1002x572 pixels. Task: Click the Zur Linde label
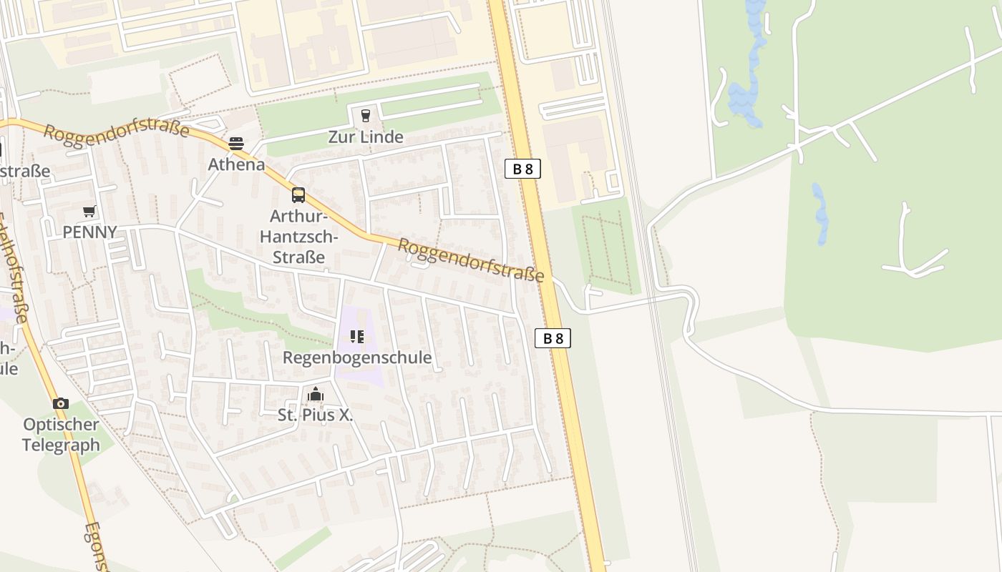tap(366, 137)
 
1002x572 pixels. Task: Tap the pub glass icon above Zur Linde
tap(366, 116)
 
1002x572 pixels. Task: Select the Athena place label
tap(236, 164)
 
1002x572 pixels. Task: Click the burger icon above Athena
tap(236, 144)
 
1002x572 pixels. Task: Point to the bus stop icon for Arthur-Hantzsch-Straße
tap(298, 195)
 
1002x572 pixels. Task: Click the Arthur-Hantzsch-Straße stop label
tap(298, 237)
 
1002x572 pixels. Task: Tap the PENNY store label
tap(89, 232)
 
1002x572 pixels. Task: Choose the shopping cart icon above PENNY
tap(89, 212)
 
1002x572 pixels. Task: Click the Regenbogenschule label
tap(357, 357)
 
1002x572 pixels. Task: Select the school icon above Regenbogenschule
tap(357, 337)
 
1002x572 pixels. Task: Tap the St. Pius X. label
tap(316, 415)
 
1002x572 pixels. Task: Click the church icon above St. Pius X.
tap(316, 394)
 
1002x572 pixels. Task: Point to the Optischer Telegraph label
tap(61, 435)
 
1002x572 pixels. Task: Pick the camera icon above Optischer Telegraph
tap(61, 404)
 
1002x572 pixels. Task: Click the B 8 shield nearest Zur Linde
tap(522, 169)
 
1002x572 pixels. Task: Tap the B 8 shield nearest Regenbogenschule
tap(553, 338)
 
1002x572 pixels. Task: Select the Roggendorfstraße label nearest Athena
tap(116, 131)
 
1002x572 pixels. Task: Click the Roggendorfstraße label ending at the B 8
tap(470, 260)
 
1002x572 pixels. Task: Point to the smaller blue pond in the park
tap(820, 213)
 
